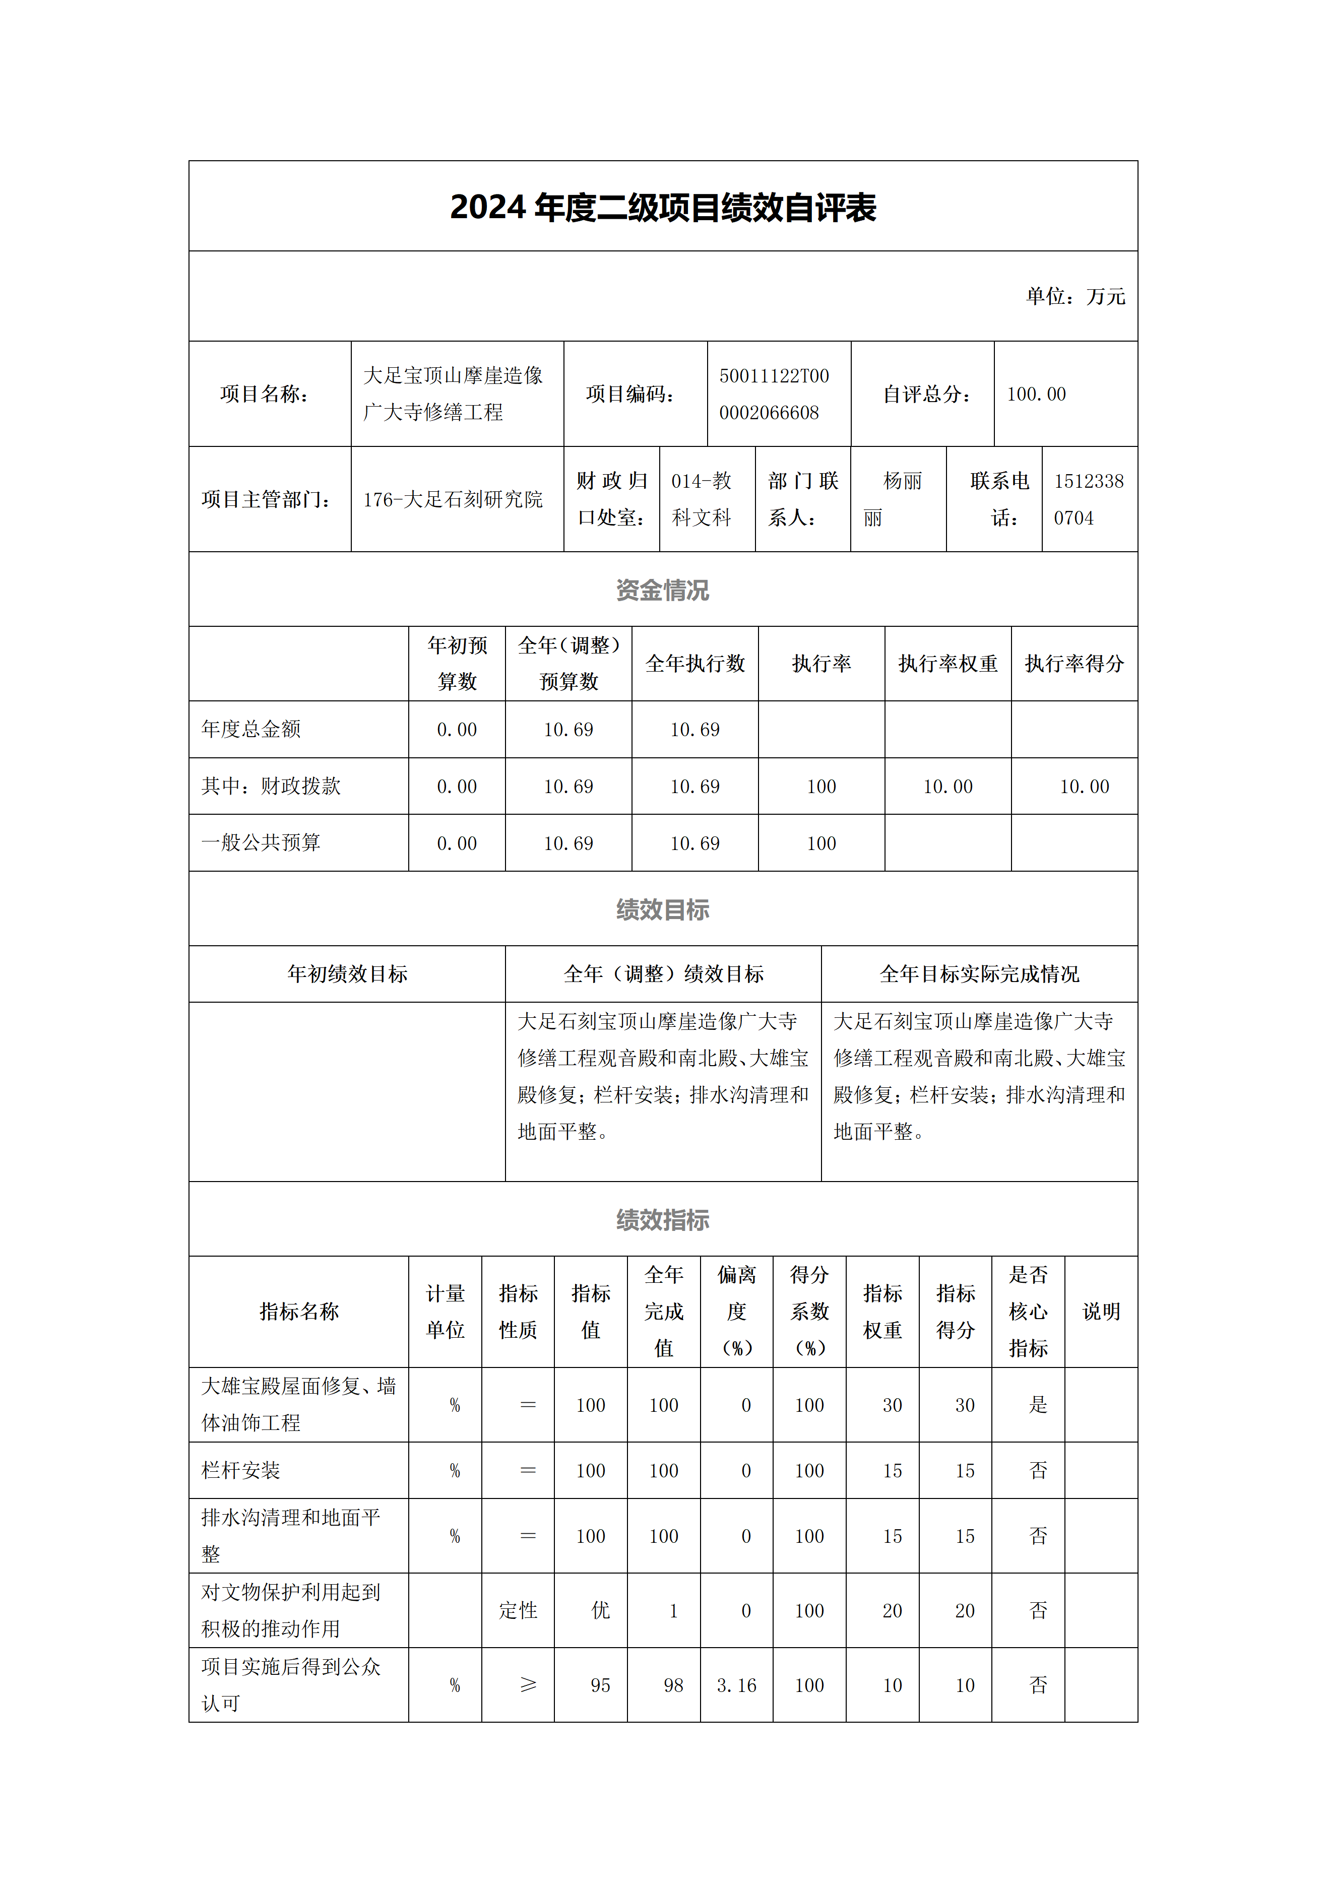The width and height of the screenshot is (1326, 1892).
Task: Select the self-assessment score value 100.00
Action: pos(1036,395)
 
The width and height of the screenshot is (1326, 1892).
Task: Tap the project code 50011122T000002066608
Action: pos(773,395)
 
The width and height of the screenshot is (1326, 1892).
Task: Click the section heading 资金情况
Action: pos(663,590)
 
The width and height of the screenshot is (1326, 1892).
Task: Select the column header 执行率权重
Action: pos(948,664)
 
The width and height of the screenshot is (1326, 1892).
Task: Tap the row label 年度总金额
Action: pos(251,729)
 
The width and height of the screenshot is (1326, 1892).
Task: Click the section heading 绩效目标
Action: pos(663,910)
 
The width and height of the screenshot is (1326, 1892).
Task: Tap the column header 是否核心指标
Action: pos(1028,1312)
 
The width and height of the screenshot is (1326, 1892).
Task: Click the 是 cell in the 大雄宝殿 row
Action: pos(1038,1405)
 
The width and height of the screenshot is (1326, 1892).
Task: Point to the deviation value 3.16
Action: pos(736,1686)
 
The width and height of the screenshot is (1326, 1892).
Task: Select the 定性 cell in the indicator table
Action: pos(518,1611)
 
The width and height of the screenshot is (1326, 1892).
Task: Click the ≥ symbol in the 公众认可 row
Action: pos(528,1685)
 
